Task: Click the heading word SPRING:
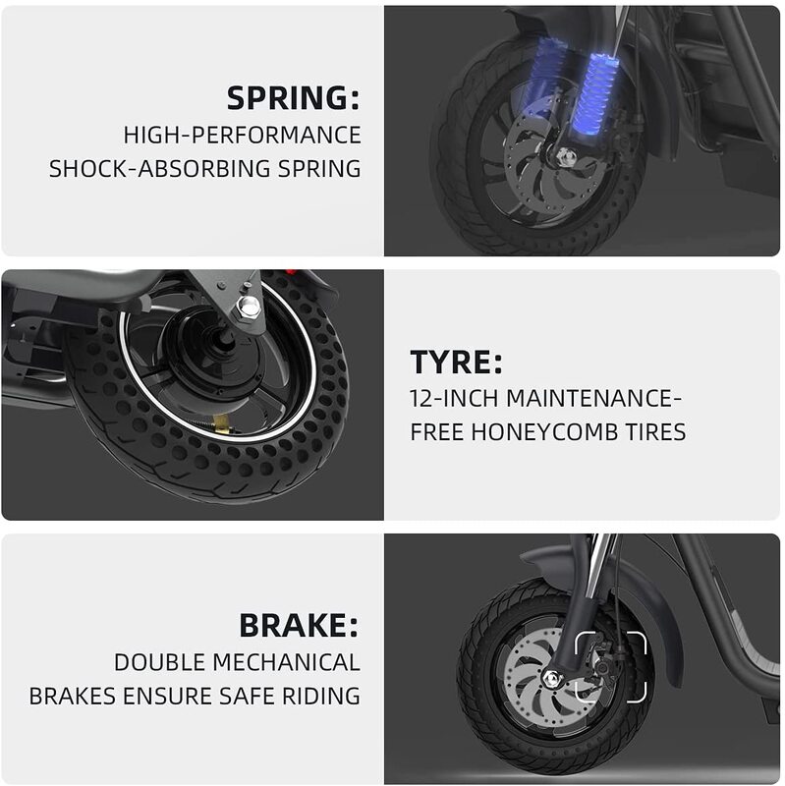(293, 97)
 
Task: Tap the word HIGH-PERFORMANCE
(242, 136)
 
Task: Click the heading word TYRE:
(456, 362)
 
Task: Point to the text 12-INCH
(454, 399)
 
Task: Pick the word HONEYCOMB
(544, 432)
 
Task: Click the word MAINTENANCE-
(594, 399)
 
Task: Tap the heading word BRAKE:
(300, 626)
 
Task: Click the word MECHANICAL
(286, 662)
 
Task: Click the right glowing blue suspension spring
(594, 95)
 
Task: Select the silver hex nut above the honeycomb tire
(249, 306)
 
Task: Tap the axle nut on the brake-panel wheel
(553, 679)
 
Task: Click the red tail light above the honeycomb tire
(290, 274)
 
